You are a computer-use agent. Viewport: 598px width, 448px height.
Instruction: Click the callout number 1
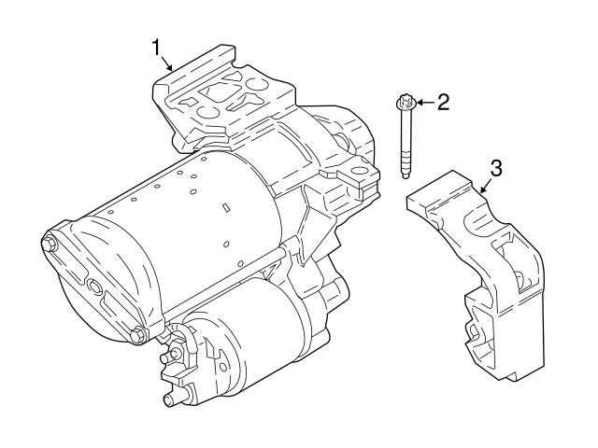(158, 45)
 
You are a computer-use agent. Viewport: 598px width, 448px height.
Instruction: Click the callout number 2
(443, 102)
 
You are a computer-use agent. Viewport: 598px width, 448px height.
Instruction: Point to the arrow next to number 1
(166, 63)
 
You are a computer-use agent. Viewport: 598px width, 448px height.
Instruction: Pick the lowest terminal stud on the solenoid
(170, 401)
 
